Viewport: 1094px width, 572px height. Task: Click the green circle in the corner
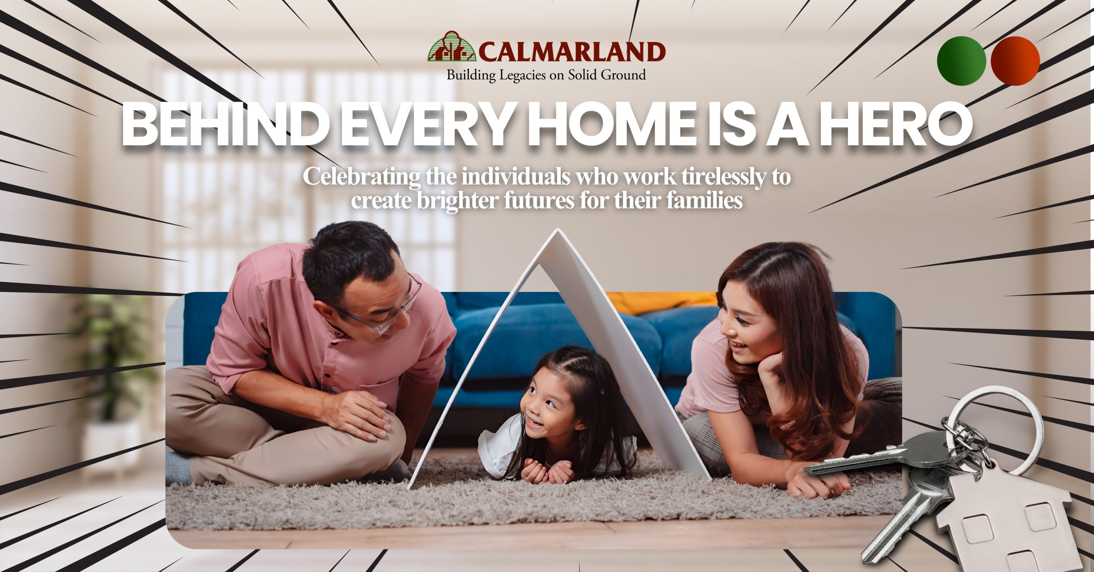click(x=962, y=61)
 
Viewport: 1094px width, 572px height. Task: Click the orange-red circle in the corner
click(x=1015, y=61)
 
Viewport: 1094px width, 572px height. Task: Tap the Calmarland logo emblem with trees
click(x=452, y=47)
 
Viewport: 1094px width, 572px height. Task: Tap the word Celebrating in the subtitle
click(x=362, y=178)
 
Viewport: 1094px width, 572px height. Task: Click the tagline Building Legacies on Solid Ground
click(x=546, y=76)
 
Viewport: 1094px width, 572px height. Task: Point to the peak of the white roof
click(x=557, y=231)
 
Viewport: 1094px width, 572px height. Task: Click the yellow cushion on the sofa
click(x=662, y=302)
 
